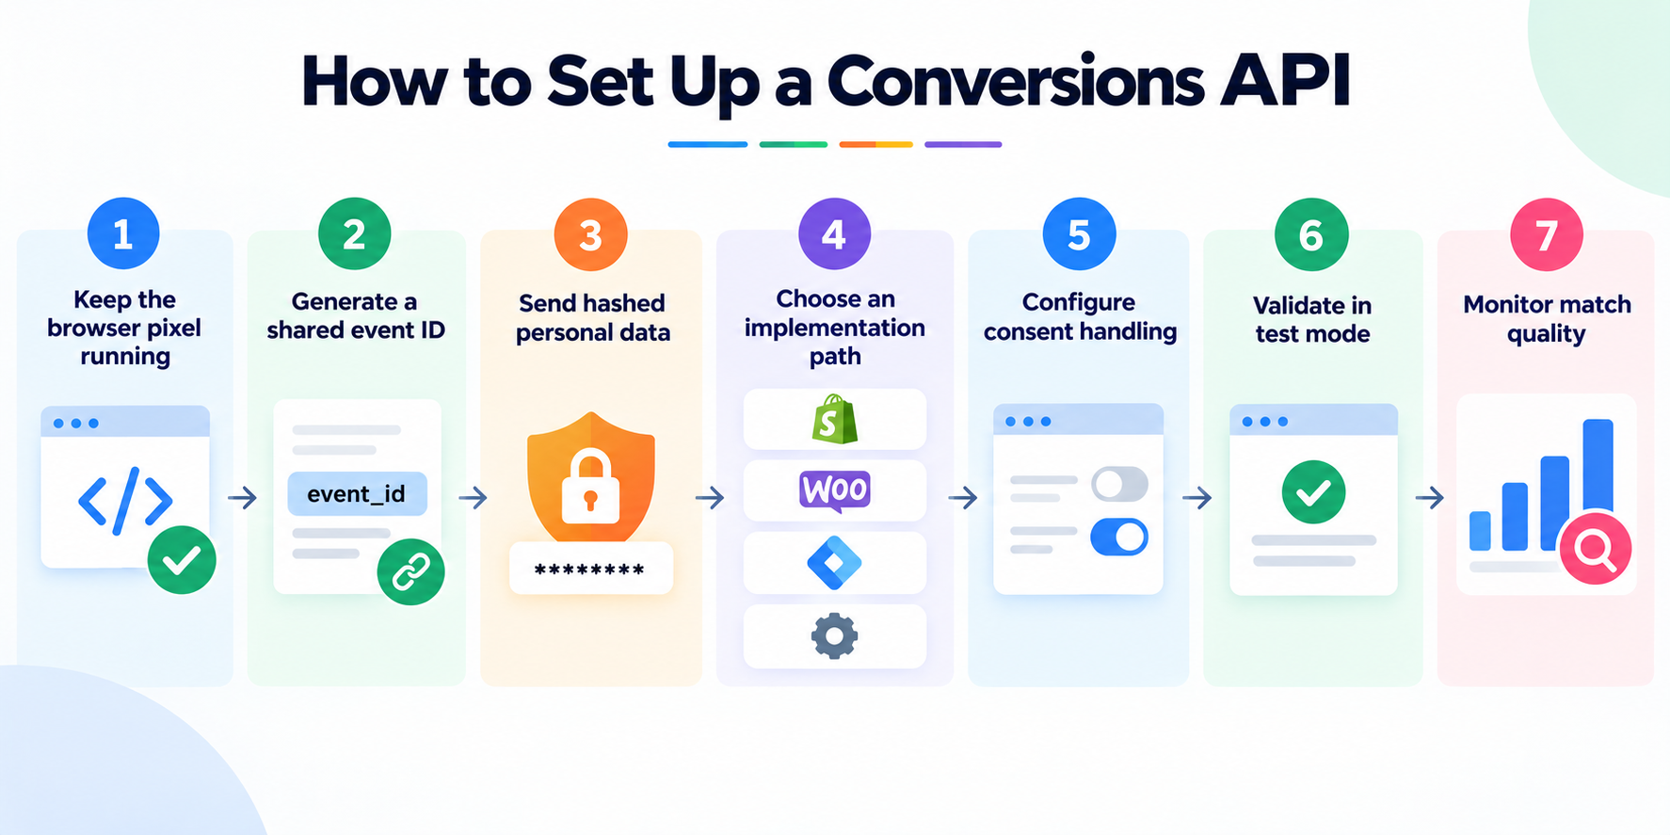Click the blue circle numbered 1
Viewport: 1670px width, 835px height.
click(x=123, y=233)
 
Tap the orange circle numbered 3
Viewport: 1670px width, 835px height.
click(x=590, y=234)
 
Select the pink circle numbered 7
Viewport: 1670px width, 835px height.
click(x=1546, y=234)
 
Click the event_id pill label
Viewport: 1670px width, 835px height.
click(x=357, y=494)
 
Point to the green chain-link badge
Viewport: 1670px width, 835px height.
click(x=410, y=570)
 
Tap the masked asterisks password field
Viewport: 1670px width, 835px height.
click(x=590, y=568)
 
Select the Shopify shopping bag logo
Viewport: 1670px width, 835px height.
click(x=834, y=420)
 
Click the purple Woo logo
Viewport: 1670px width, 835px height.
click(x=835, y=490)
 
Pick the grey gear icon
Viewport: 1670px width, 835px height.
click(x=834, y=636)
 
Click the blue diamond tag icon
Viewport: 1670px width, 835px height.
click(x=834, y=563)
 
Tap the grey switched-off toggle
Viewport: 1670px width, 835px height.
click(x=1119, y=485)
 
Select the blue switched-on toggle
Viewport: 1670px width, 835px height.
click(x=1119, y=537)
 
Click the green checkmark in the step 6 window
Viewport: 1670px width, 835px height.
click(x=1313, y=492)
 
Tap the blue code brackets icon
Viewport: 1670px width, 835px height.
click(x=125, y=501)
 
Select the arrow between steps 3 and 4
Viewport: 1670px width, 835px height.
click(x=710, y=497)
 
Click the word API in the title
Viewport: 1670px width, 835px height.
click(x=1285, y=81)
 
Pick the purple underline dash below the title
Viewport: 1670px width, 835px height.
click(x=963, y=145)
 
